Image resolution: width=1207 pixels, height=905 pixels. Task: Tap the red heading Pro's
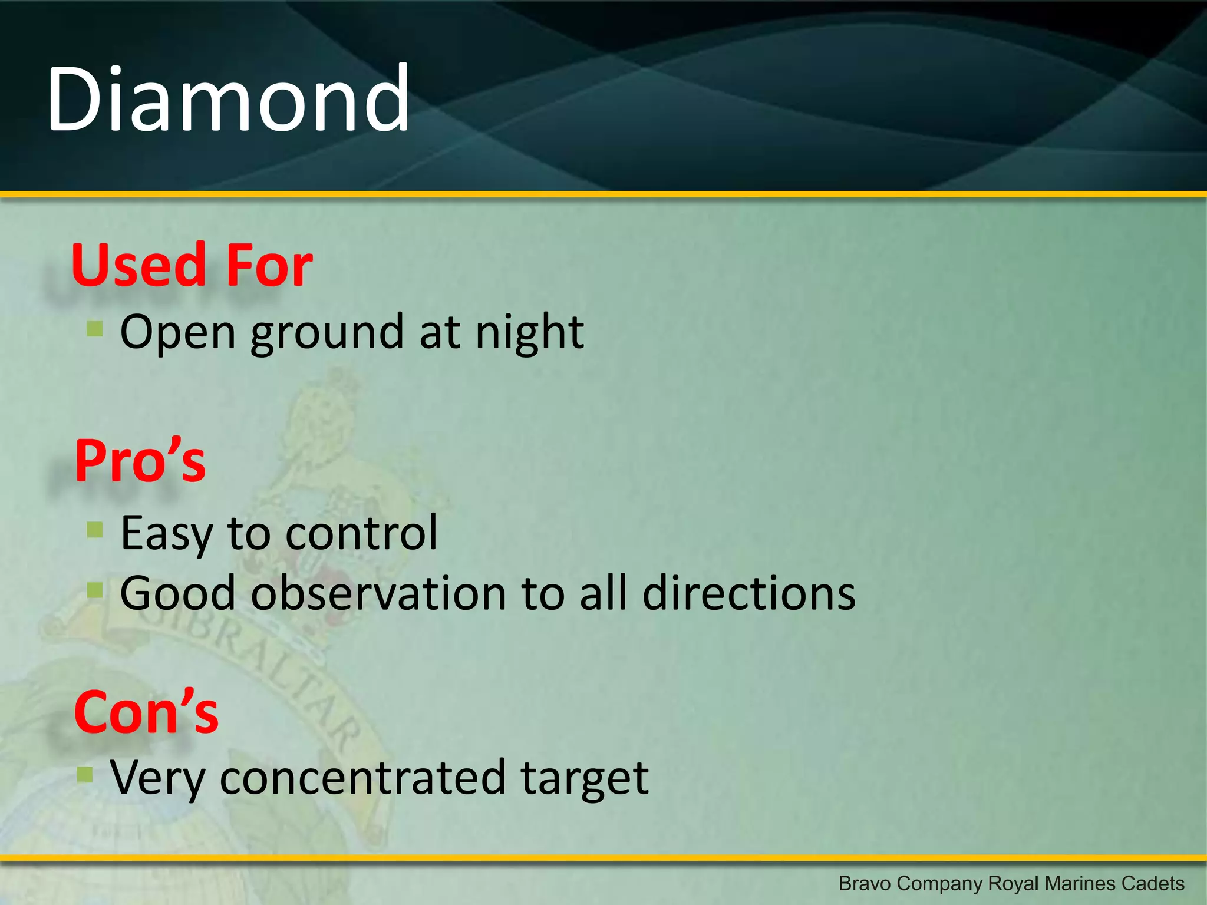140,461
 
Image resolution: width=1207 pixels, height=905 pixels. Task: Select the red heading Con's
146,713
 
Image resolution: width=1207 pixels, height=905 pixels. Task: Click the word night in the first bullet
529,333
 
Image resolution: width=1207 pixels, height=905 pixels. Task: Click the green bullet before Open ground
95,328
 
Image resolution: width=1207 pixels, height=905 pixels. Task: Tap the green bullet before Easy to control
95,530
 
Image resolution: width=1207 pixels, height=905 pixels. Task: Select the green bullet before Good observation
95,589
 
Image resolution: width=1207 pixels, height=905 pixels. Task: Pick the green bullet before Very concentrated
85,774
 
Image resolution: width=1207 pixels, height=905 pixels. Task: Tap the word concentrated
362,778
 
